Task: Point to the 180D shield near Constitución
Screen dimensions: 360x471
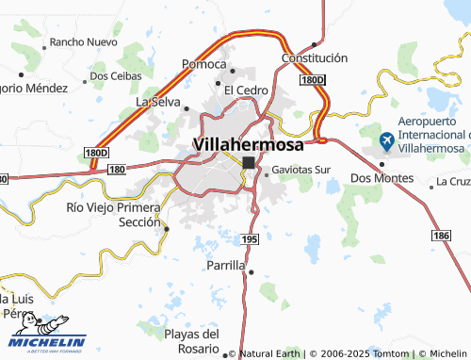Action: tap(312, 81)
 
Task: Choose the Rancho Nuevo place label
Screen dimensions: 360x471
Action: tap(83, 42)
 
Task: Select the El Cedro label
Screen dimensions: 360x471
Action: tap(246, 90)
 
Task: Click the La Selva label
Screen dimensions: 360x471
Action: tap(158, 101)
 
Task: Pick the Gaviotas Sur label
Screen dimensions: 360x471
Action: tap(301, 171)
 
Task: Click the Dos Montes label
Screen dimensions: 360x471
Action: tap(381, 177)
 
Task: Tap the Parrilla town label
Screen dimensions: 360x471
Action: tap(225, 266)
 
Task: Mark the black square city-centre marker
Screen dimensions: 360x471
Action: tap(249, 163)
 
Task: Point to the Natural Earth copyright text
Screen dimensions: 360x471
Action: tap(268, 353)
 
